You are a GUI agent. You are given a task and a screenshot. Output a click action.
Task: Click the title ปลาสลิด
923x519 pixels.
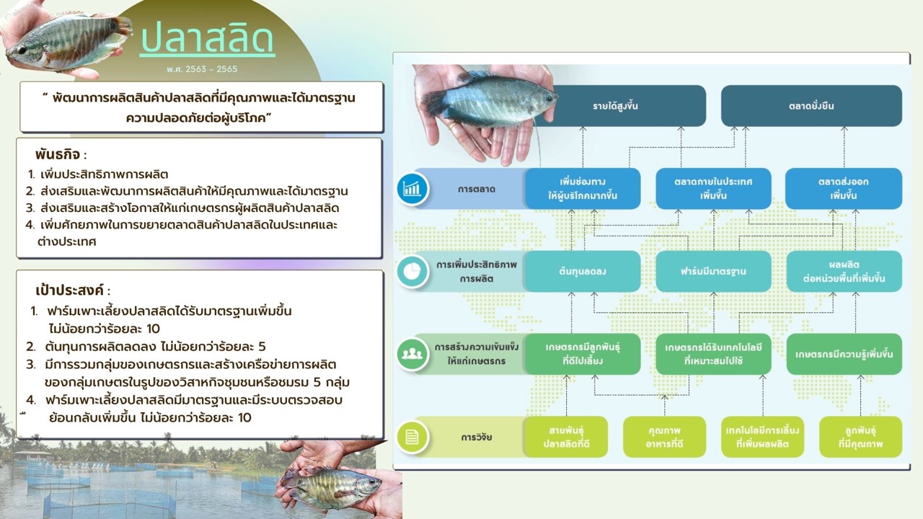coord(207,39)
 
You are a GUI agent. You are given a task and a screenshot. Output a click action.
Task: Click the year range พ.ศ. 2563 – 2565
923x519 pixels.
coord(202,69)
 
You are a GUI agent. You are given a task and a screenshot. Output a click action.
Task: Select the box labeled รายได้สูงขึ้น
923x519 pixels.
coord(615,106)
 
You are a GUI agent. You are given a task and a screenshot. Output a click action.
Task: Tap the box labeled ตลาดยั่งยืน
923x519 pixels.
coord(811,106)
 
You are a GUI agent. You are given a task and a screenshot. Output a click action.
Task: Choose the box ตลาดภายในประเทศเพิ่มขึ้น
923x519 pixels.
coord(713,189)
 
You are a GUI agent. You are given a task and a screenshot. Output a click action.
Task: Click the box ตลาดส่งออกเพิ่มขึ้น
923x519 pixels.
coord(844,189)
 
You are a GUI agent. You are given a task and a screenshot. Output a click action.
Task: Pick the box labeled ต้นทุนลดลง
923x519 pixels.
coord(582,272)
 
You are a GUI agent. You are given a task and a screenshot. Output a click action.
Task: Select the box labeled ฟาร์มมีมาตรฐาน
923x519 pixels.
coord(713,272)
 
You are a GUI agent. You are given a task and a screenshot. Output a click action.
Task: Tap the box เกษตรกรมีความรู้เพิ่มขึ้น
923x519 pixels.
coord(844,354)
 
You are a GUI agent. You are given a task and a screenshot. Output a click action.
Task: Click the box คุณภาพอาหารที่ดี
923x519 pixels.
coord(664,437)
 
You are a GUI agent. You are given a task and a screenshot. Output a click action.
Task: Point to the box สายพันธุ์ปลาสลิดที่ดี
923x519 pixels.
coord(566,437)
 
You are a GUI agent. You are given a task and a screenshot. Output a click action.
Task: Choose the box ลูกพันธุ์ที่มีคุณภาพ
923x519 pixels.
coord(860,437)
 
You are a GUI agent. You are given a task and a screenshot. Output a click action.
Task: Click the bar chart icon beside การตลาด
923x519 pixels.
coord(412,189)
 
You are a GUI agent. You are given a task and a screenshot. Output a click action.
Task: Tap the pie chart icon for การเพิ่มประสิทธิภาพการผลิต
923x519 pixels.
coord(412,272)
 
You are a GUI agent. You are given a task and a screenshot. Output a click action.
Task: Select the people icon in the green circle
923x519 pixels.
coord(412,354)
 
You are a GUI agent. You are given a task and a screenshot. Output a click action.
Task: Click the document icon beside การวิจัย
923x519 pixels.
coord(412,437)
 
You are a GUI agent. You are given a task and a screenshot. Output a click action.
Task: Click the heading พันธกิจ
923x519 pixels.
coord(58,155)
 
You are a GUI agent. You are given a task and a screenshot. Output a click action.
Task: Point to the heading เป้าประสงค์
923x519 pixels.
coord(70,290)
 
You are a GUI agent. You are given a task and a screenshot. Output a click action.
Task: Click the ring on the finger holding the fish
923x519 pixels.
coord(454,126)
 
